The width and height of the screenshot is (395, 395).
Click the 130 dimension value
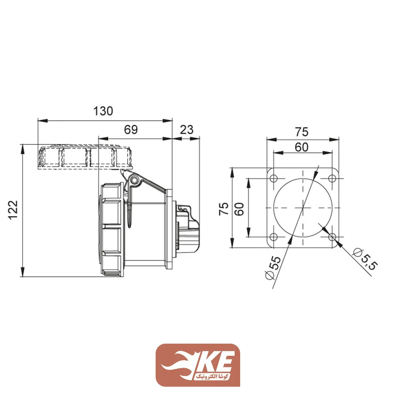pos(103,111)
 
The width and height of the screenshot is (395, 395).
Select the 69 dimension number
pos(131,130)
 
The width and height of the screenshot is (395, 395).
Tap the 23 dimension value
pos(186,130)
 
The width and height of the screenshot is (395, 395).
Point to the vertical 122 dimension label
pos(13,210)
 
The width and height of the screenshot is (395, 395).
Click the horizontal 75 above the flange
pos(303,132)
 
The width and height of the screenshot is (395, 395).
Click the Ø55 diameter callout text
pos(273,268)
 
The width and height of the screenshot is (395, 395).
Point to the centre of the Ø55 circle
pos(303,208)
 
